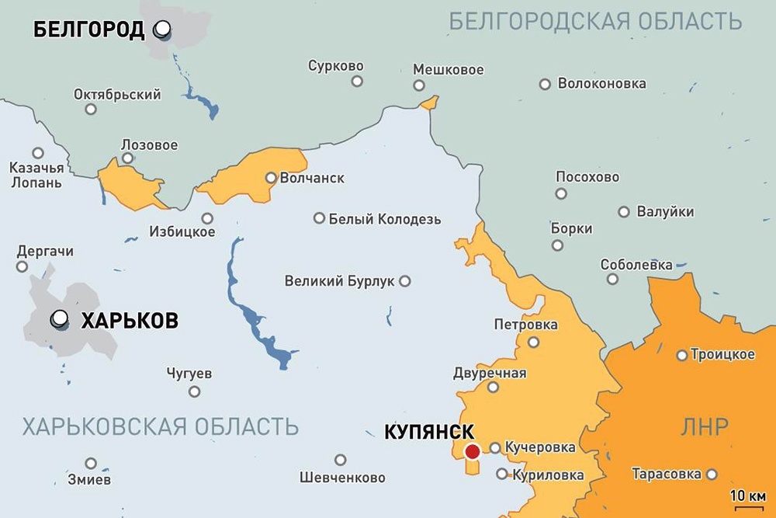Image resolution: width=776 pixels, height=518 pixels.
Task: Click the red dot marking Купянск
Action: coord(472,452)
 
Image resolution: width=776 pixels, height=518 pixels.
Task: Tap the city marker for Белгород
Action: coord(162,30)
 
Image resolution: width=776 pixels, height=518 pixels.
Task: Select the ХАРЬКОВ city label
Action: coord(129,320)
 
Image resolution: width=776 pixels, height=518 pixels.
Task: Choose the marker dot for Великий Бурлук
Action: coord(404,280)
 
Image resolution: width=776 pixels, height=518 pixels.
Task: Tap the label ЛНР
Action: coord(704,426)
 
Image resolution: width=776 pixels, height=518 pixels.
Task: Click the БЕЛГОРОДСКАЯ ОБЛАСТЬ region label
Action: coord(591,21)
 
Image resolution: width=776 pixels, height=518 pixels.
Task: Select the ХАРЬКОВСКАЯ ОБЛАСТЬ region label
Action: coord(161,426)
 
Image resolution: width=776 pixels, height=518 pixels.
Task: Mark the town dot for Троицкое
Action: coord(681,356)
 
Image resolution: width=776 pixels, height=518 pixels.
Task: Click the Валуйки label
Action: coord(665,211)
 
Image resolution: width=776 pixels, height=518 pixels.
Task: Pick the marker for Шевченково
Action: coord(340,460)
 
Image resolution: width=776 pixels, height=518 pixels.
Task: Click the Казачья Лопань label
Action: coord(36,176)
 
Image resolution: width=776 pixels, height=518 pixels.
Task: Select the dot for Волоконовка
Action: coord(545,84)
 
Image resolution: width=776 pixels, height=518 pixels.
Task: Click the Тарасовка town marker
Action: coord(712,474)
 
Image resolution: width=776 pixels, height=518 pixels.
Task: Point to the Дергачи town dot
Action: coord(22,266)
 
